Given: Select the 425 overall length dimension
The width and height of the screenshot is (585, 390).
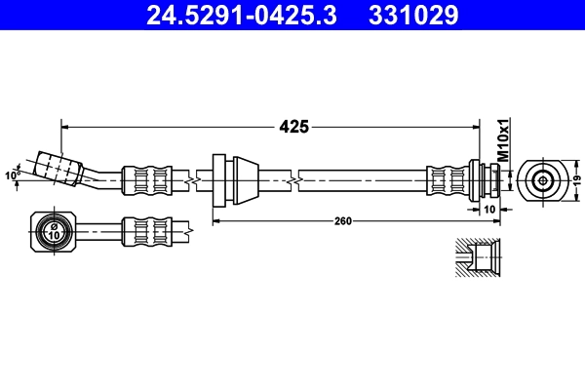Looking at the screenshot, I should (x=294, y=126).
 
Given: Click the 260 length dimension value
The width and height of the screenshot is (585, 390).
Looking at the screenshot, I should (x=342, y=221).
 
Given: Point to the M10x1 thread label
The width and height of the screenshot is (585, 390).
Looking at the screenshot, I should (x=504, y=139).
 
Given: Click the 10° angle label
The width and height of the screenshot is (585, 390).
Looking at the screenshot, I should (x=13, y=175).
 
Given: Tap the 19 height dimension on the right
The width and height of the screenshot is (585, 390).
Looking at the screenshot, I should (x=576, y=180).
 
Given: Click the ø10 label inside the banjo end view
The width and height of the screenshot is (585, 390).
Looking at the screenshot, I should (x=54, y=232).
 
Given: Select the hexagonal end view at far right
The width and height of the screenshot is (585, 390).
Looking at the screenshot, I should (x=541, y=180).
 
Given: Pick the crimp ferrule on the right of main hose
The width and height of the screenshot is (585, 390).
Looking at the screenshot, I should (x=448, y=179).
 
